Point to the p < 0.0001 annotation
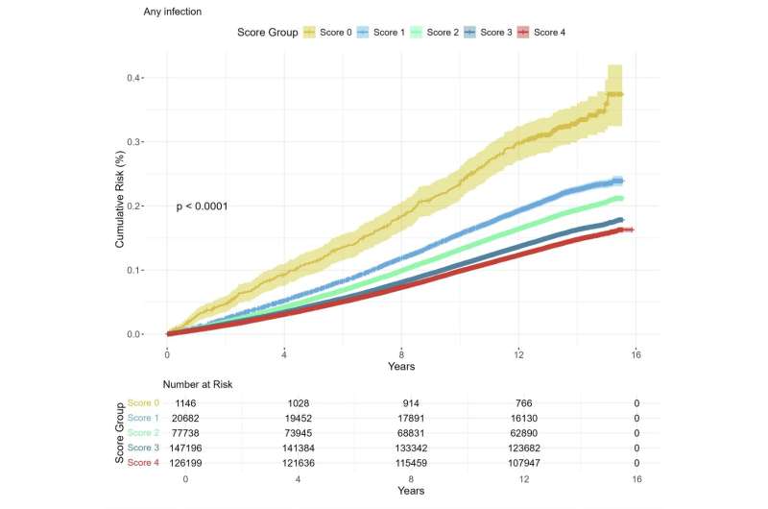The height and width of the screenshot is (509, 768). click(202, 206)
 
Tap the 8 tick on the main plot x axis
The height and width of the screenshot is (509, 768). click(401, 352)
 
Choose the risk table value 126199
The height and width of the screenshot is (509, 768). click(173, 464)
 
